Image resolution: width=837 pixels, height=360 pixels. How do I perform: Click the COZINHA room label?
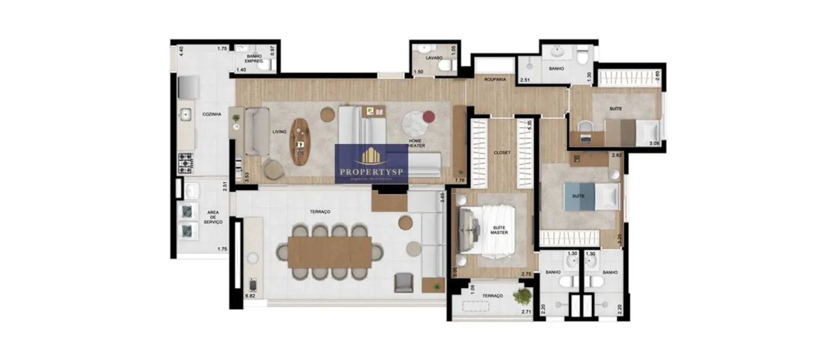pyautogui.click(x=212, y=115)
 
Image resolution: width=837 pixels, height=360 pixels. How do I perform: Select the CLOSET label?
pyautogui.click(x=502, y=152)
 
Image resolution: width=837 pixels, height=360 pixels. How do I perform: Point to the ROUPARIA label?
pyautogui.click(x=495, y=80)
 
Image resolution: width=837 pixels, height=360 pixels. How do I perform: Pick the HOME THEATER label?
pyautogui.click(x=416, y=143)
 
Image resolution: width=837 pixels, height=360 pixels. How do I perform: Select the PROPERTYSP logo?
pyautogui.click(x=371, y=164)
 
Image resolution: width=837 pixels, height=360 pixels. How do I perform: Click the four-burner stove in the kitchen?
pyautogui.click(x=185, y=163)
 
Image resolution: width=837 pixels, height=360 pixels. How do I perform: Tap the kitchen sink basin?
pyautogui.click(x=185, y=115)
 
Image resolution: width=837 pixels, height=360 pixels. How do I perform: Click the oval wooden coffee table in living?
pyautogui.click(x=300, y=142)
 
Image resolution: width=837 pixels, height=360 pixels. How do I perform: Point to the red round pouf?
pyautogui.click(x=430, y=117)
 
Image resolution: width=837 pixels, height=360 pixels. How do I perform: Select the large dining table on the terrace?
pyautogui.click(x=329, y=253)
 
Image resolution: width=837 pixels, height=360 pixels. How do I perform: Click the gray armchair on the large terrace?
pyautogui.click(x=404, y=282)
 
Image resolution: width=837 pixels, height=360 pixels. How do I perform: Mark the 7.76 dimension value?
pyautogui.click(x=459, y=181)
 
